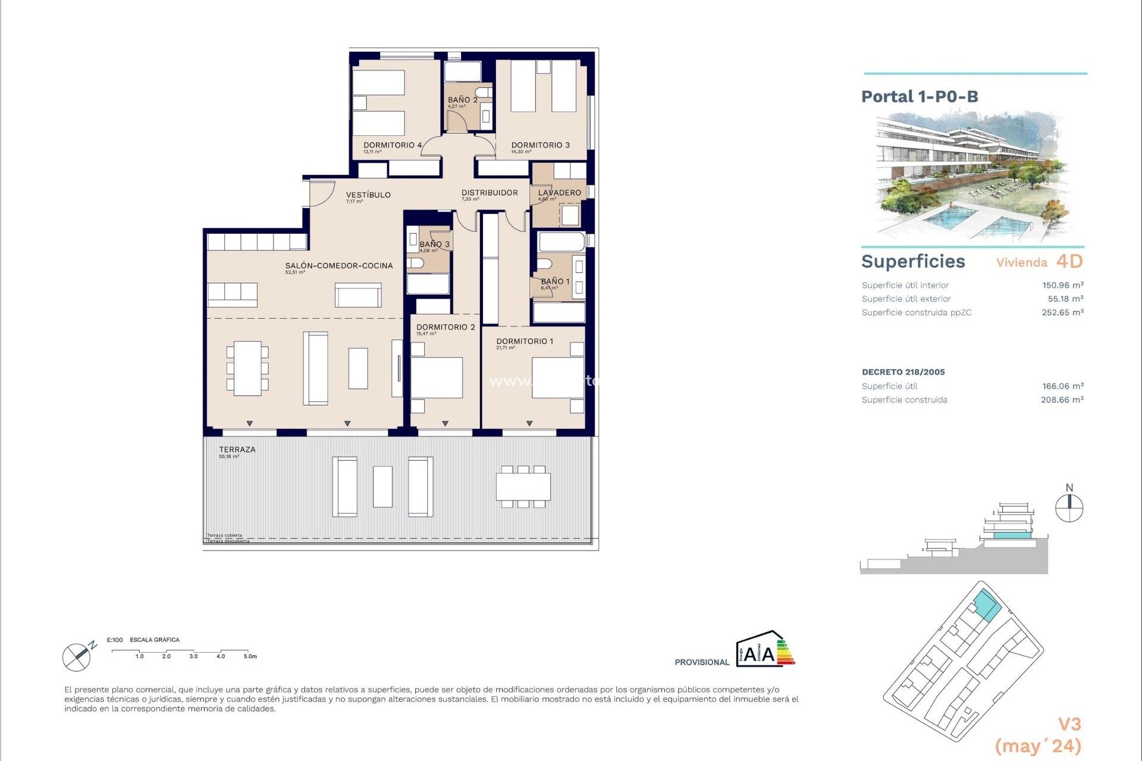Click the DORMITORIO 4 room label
393,145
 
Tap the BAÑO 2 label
462,100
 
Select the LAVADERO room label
559,193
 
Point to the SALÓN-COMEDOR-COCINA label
338,266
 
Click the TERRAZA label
237,449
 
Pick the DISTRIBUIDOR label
490,193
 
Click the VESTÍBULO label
368,195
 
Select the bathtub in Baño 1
561,243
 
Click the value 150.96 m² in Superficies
1062,285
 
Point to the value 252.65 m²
1062,313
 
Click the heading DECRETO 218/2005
903,372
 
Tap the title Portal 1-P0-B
920,96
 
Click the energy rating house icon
764,649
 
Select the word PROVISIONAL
701,662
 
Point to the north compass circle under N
1069,509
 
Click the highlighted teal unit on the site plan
987,606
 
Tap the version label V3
1069,724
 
